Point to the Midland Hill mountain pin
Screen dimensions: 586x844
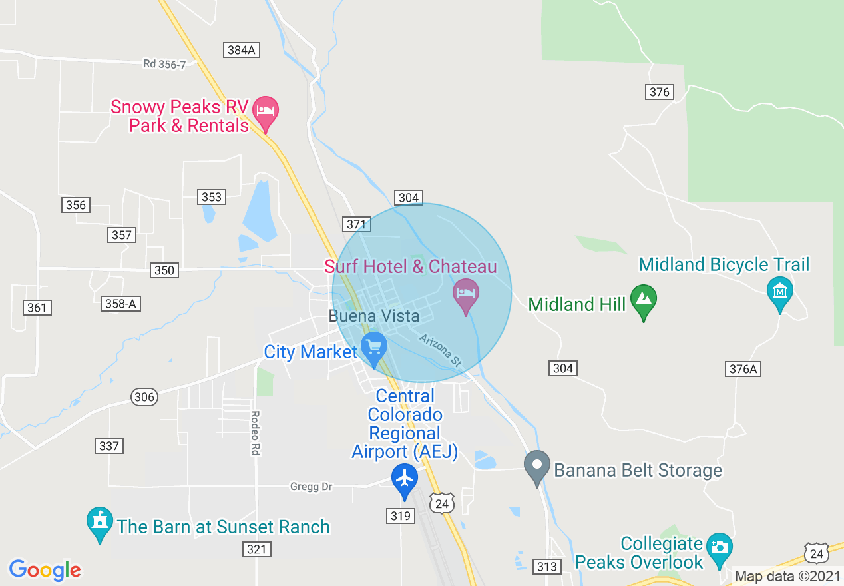click(x=644, y=300)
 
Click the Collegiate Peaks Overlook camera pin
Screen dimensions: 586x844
click(x=719, y=548)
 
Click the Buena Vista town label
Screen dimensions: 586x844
click(x=374, y=316)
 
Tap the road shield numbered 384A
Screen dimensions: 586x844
click(x=240, y=50)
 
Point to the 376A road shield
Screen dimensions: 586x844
click(x=743, y=369)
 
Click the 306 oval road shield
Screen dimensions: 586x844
click(x=144, y=398)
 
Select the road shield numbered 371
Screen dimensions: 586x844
click(x=356, y=224)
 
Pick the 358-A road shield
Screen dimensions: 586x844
click(x=121, y=304)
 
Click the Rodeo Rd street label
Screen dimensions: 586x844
click(x=255, y=433)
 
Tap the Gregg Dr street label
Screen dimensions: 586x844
click(x=311, y=487)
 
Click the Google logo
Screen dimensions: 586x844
click(x=45, y=570)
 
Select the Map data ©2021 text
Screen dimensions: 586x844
click(x=787, y=577)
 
